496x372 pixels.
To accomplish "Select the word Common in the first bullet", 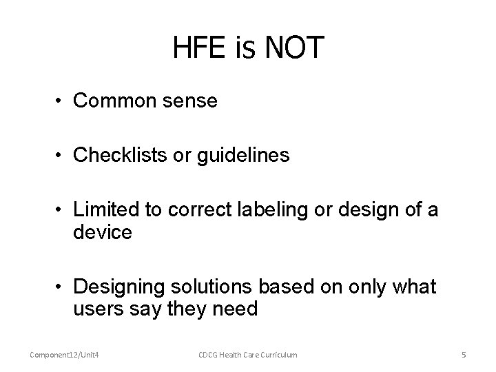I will click(113, 101).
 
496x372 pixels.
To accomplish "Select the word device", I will click(102, 231).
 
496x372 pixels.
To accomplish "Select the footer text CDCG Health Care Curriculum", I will click(248, 354).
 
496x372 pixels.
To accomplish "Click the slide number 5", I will click(464, 354).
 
